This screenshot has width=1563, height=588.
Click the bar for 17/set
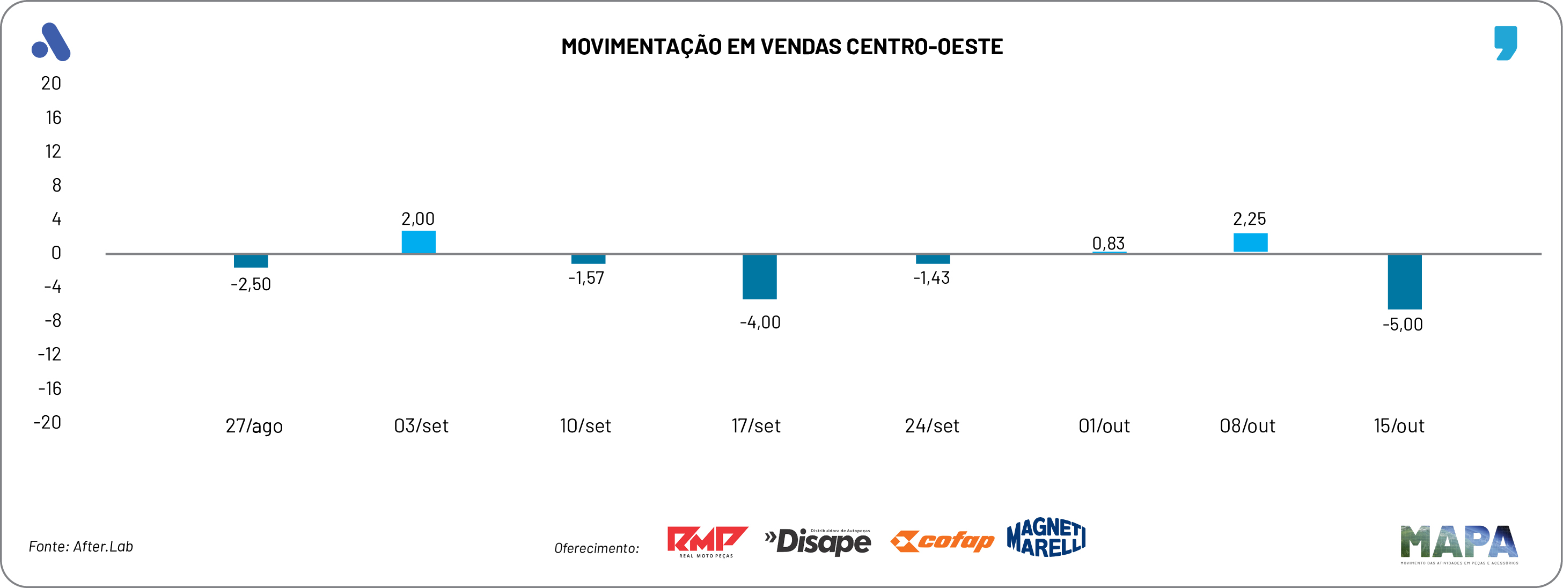click(759, 277)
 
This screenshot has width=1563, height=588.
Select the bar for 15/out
click(1404, 282)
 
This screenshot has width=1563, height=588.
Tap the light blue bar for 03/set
click(418, 241)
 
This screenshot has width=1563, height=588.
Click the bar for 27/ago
click(251, 261)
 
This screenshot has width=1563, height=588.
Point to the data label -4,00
click(760, 322)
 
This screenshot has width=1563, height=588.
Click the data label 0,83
click(1108, 244)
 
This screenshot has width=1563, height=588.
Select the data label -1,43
click(931, 278)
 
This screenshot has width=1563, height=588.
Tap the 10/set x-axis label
click(585, 426)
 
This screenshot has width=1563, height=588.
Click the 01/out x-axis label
click(1104, 426)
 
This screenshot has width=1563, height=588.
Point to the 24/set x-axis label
click(931, 426)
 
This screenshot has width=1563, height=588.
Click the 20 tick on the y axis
click(51, 83)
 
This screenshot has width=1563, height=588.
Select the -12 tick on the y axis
click(50, 355)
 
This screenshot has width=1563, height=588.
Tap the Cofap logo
click(942, 541)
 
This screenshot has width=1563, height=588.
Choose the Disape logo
click(818, 541)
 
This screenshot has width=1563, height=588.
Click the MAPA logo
click(1458, 543)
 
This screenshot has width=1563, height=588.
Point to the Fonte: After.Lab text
click(80, 546)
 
